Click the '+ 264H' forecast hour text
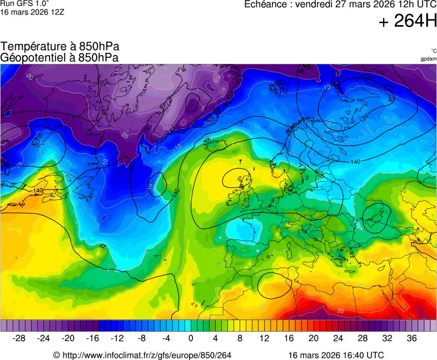tap(408, 21)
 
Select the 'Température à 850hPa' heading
tap(60, 47)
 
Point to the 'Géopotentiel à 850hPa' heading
tap(59, 57)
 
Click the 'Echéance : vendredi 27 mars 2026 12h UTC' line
tap(340, 4)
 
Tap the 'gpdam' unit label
tap(428, 58)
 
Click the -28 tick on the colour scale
tap(19, 338)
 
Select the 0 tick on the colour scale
tap(191, 338)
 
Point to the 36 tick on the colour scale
tap(411, 338)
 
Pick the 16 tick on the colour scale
tap(289, 338)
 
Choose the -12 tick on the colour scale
tap(117, 338)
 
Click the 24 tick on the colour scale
tap(337, 338)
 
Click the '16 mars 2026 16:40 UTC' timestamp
tap(336, 355)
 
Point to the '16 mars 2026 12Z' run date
tap(32, 12)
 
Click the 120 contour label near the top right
tap(364, 118)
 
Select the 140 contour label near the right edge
tap(356, 161)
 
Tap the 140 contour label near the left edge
tap(38, 191)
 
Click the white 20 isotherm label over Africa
tap(340, 311)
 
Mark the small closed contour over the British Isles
tap(237, 179)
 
